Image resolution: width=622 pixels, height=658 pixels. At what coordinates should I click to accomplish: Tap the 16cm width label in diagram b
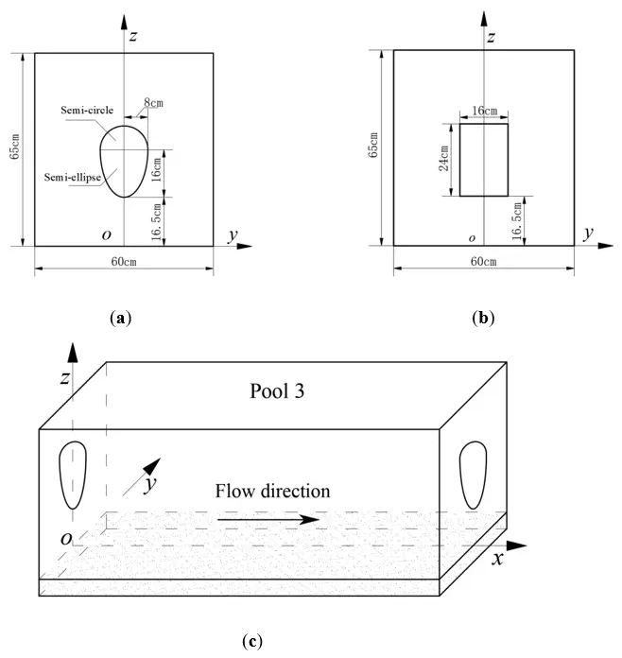pos(484,112)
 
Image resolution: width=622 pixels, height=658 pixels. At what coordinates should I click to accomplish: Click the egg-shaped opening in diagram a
pos(125,162)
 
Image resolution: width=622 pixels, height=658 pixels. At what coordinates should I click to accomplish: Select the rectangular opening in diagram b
pos(484,159)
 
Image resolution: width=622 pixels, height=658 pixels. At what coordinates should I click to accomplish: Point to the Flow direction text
pos(272,491)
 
